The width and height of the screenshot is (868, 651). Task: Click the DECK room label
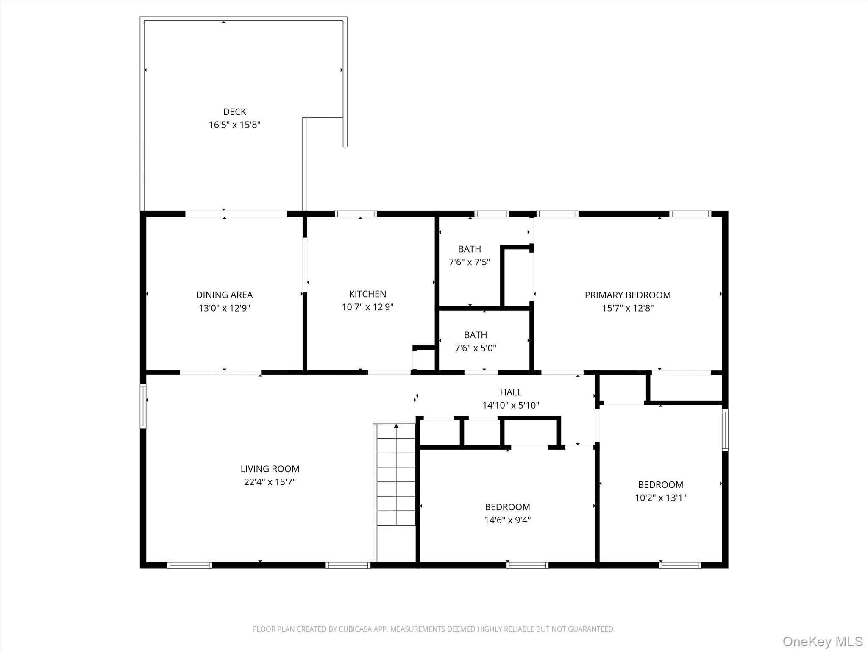coord(234,111)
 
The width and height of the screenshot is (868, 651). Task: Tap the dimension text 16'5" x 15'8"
coord(234,125)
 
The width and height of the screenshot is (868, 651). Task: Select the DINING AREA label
coord(224,295)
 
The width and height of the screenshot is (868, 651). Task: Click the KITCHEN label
coord(367,294)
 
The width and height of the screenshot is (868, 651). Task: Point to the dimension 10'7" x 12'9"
coord(367,307)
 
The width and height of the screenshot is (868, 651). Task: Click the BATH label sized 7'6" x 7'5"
coord(469,249)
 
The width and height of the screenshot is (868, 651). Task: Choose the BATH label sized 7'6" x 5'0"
coord(475,335)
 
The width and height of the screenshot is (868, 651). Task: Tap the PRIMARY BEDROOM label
coord(627,295)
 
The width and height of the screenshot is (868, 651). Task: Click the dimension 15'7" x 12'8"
coord(627,308)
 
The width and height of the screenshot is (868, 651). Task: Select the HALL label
coord(510,392)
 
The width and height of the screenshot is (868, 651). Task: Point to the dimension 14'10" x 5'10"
coord(510,405)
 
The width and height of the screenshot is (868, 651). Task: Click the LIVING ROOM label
coord(270,469)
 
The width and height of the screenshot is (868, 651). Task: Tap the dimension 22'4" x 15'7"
coord(270,482)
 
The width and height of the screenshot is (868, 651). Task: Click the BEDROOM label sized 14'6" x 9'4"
coord(507,507)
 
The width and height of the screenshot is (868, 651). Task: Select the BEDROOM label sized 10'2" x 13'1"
coord(660,484)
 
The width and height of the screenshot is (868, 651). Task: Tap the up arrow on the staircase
coord(396,426)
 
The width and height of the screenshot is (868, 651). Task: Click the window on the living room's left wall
coord(143,406)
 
